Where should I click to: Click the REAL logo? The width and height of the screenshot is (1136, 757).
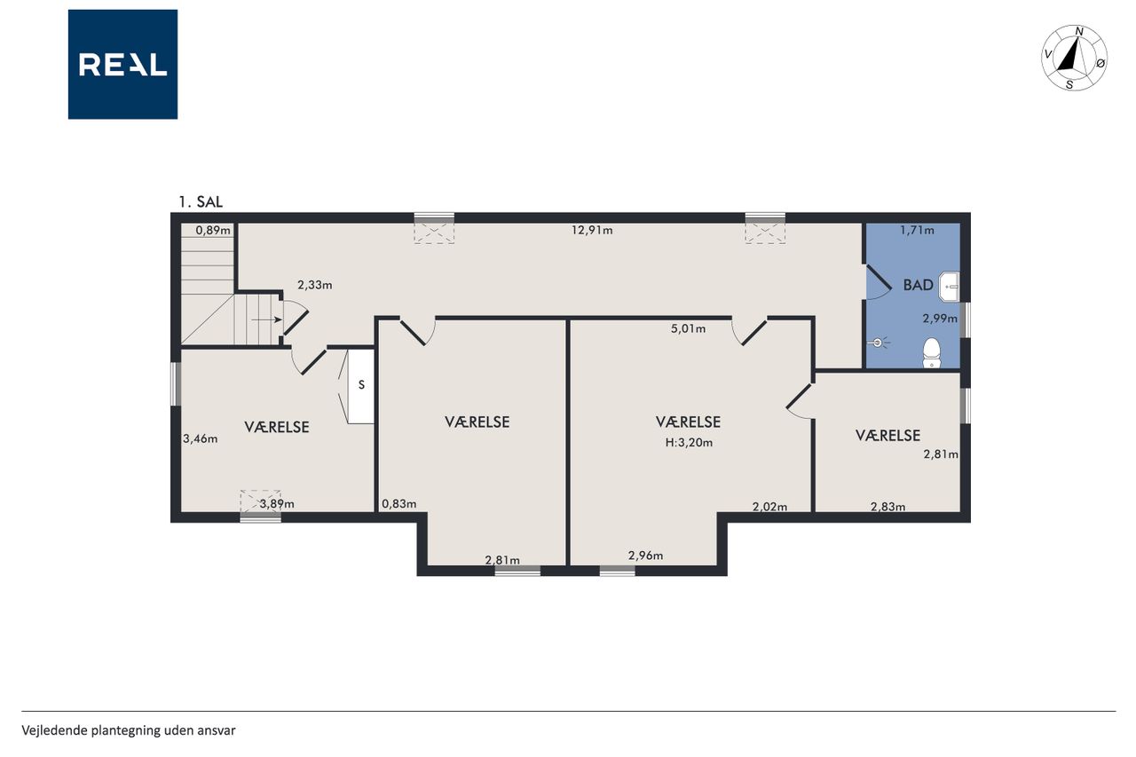click(x=122, y=65)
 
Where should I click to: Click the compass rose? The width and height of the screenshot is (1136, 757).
click(x=1074, y=58)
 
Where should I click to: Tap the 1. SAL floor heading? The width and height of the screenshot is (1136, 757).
click(x=201, y=201)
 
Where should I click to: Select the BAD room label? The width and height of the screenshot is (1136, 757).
click(x=918, y=285)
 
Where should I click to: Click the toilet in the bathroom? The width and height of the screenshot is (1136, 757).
click(x=932, y=352)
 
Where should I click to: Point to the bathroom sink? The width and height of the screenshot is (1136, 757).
click(x=949, y=287)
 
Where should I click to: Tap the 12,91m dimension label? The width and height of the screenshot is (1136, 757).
click(x=592, y=230)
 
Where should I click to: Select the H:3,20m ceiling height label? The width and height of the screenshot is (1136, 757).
click(x=689, y=443)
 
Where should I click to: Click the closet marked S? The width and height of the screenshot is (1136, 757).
click(x=361, y=386)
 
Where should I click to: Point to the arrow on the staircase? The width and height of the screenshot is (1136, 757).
click(x=267, y=319)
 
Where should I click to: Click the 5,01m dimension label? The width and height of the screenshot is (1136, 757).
click(x=688, y=328)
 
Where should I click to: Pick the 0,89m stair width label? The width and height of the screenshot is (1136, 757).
click(x=213, y=230)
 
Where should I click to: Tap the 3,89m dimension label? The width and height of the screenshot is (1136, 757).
click(x=277, y=504)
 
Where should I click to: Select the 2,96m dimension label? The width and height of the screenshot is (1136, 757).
click(x=645, y=556)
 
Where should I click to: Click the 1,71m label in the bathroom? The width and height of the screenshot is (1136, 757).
click(x=917, y=230)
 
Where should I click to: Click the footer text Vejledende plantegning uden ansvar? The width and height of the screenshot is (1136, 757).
click(x=129, y=730)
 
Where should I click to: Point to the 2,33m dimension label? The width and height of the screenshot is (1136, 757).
click(x=315, y=285)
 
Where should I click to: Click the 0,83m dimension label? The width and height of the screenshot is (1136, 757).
click(x=399, y=504)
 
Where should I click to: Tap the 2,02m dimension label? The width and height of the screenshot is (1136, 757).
click(x=769, y=507)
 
